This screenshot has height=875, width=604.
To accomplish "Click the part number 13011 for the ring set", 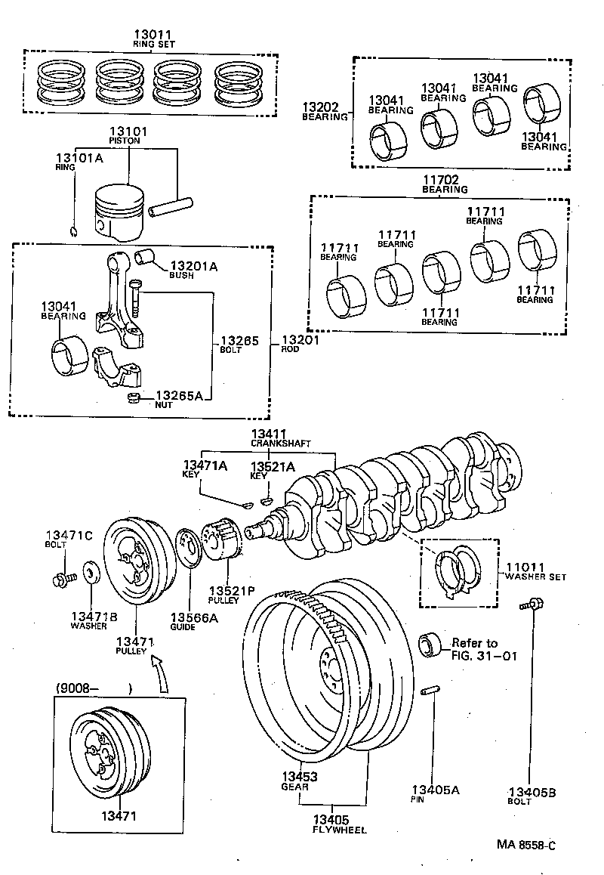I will [153, 34].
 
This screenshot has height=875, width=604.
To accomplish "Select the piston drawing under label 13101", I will [119, 211].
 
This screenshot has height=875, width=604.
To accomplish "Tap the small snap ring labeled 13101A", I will [73, 230].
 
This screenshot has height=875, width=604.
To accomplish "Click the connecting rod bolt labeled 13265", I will [134, 299].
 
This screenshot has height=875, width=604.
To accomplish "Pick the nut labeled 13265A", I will [133, 397].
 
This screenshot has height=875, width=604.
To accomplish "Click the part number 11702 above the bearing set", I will [445, 181].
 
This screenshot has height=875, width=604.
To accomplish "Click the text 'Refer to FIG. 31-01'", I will [484, 649].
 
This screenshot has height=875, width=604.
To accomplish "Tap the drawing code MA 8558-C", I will [525, 846].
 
